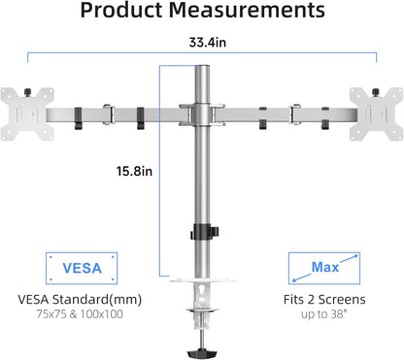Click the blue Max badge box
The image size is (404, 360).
click(324, 266)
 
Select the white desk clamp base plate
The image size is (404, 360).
click(202, 283)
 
